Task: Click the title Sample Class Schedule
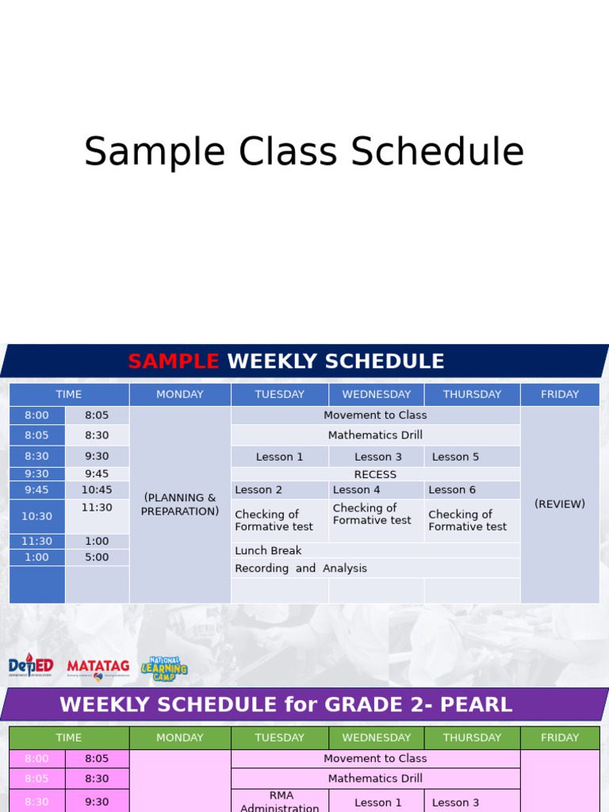(304, 152)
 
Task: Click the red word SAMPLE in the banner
(173, 362)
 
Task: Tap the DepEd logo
(31, 666)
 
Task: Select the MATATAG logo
(98, 668)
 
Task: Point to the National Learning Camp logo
(164, 668)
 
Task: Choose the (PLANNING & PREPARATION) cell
(180, 504)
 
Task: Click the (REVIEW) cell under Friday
(559, 504)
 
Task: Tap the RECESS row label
(375, 474)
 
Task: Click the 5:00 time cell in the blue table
(97, 557)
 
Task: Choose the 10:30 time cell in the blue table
(36, 516)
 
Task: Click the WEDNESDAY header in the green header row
(376, 737)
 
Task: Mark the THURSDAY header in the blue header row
(472, 394)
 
